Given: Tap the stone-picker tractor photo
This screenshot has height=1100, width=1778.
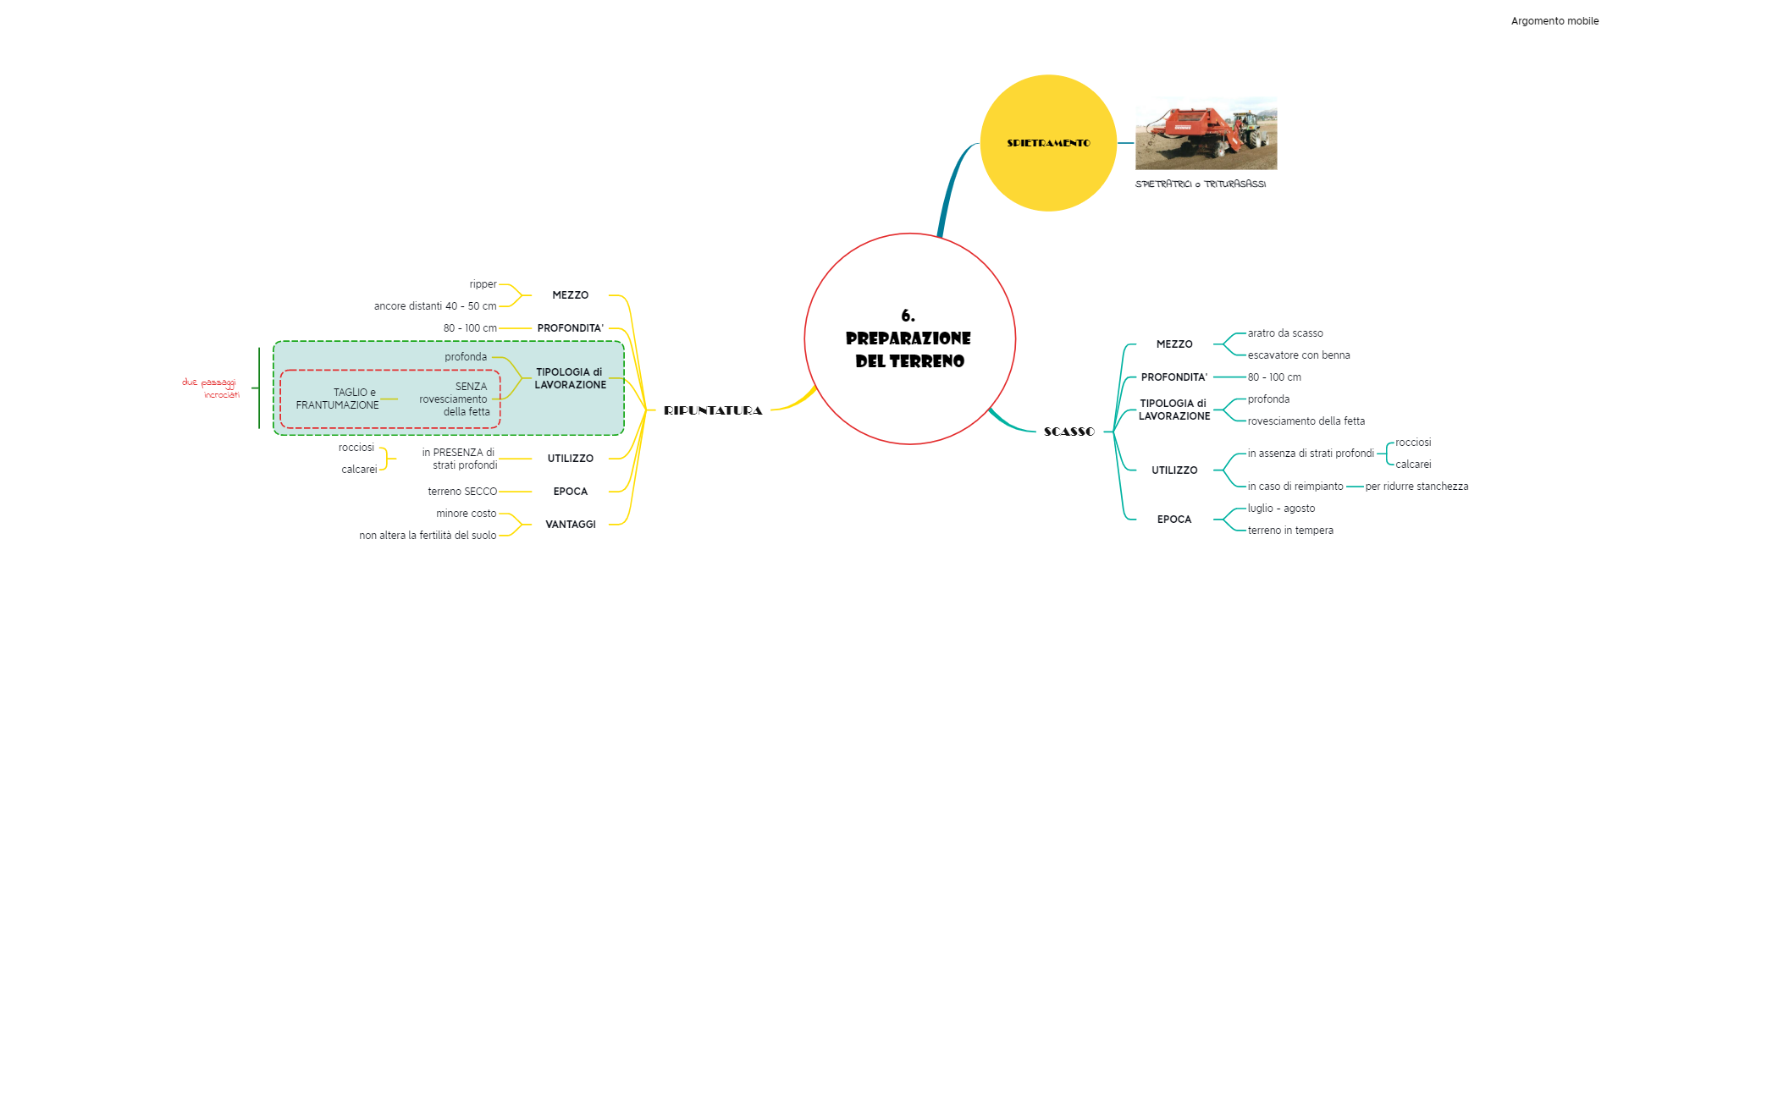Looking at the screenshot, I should point(1206,134).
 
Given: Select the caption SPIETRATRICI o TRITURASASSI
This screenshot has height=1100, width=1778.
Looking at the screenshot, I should point(1200,184).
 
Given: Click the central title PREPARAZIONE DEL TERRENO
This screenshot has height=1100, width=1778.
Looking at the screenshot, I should point(909,339).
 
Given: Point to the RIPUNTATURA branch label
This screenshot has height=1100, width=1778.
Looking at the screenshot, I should point(713,410).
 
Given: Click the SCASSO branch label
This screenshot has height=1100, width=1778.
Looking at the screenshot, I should point(1069,432).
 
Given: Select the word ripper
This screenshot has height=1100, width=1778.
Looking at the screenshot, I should point(483,284).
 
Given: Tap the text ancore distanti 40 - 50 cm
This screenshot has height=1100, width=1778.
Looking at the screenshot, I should point(435,306).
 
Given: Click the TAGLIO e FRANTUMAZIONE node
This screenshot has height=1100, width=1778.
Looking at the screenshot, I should point(337,399).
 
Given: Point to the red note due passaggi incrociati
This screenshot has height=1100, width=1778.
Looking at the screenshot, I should point(211,388).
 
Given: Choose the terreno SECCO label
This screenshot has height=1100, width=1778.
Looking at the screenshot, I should point(462,492).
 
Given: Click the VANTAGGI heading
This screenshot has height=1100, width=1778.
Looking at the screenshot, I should point(570,525).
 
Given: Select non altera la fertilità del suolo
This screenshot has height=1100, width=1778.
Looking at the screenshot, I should point(428,536).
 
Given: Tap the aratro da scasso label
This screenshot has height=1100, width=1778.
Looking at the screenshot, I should point(1284,333).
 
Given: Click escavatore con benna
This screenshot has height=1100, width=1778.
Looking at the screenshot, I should point(1298,355).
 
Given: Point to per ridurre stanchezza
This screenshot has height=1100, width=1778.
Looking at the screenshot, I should point(1416,487).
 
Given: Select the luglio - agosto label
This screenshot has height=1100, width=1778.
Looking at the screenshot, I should point(1281,509).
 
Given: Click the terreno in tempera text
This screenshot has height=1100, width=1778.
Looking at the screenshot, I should point(1289,531).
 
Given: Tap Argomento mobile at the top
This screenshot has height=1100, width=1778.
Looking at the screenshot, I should point(1554,21).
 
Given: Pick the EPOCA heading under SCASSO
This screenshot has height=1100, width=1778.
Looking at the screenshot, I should point(1173,520).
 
